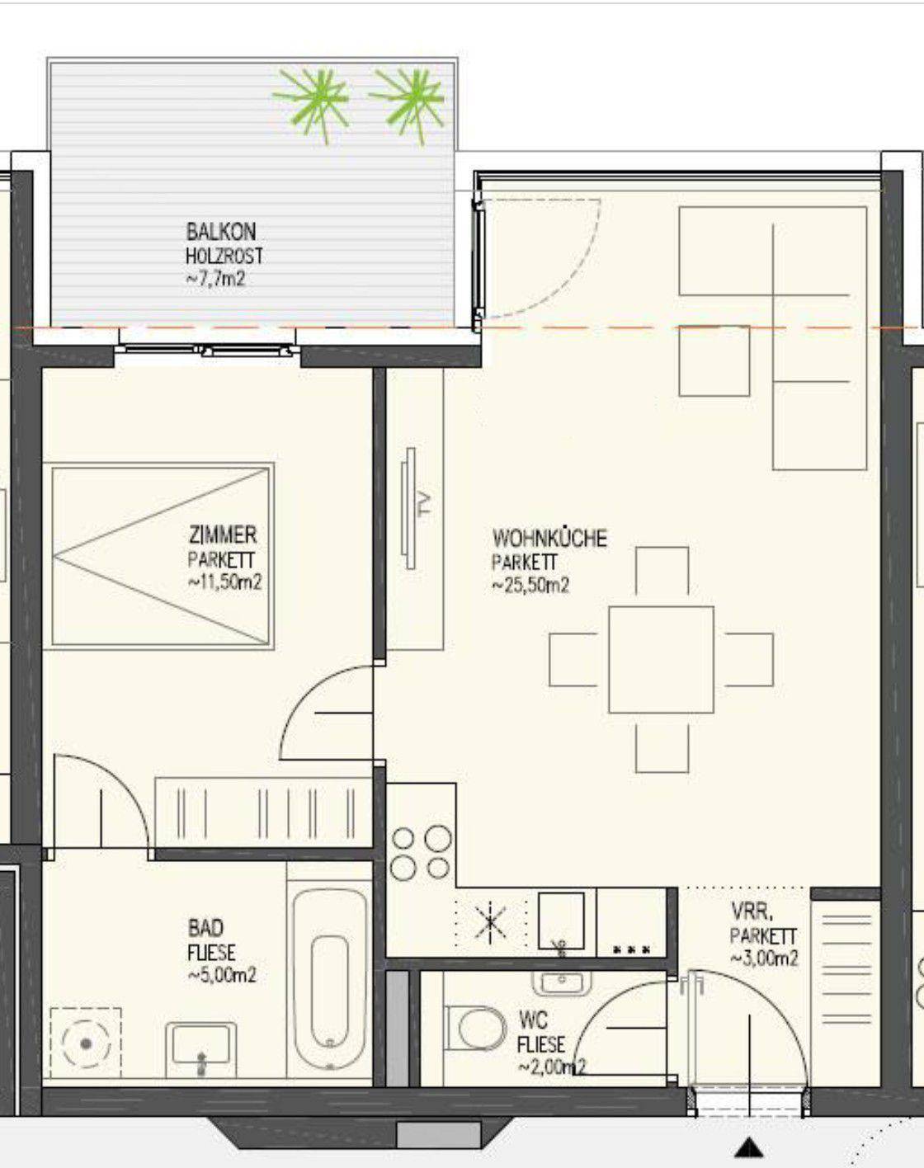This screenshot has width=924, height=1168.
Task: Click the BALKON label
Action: tap(221, 232)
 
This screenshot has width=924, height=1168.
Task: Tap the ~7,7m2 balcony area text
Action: tap(215, 279)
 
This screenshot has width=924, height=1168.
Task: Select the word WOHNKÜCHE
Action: tap(549, 538)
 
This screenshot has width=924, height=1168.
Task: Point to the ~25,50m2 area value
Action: tap(530, 585)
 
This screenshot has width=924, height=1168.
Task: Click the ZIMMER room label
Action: tap(223, 535)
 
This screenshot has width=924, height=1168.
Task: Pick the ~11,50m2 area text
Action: tap(224, 582)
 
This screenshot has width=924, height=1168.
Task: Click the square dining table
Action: tap(661, 659)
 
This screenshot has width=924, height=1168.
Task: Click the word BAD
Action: tap(205, 928)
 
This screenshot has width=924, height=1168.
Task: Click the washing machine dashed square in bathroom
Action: tap(85, 1043)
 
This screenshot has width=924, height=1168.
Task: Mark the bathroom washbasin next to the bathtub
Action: tap(200, 1043)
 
